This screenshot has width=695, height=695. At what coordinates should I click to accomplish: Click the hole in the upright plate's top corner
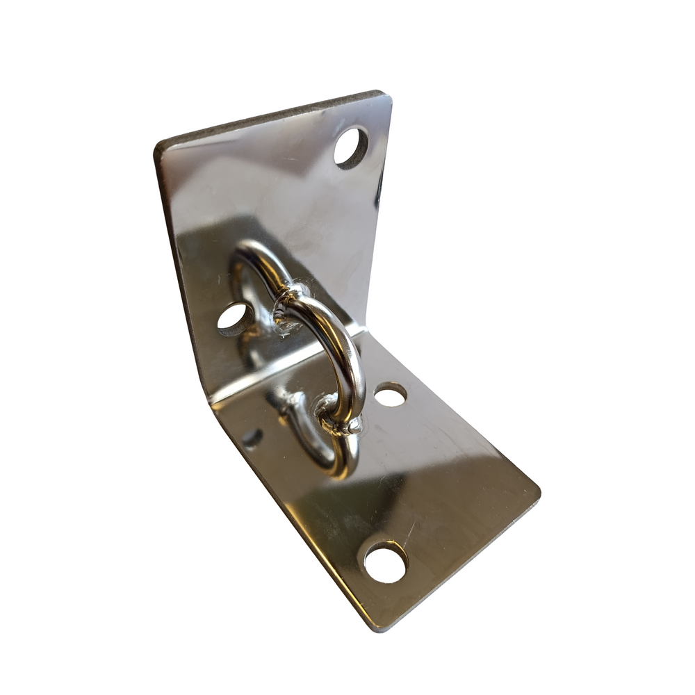[351, 147]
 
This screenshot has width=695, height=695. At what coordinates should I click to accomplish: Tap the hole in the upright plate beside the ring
[236, 318]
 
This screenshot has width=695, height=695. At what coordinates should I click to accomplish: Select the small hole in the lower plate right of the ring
[391, 395]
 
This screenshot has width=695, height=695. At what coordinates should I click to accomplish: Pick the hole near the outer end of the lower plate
[385, 562]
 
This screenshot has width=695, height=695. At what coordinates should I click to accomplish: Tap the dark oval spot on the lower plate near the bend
[252, 438]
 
